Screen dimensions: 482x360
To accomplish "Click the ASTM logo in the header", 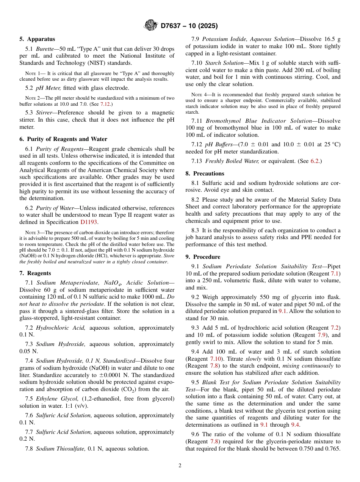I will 151,26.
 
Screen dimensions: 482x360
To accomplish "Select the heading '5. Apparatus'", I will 37,39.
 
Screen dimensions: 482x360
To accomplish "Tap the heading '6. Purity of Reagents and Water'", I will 63,139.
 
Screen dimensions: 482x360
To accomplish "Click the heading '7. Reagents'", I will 35,273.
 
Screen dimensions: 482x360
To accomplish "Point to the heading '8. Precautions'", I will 205,174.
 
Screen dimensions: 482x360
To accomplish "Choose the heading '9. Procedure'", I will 203,257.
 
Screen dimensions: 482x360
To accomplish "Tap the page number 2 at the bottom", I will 180,466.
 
